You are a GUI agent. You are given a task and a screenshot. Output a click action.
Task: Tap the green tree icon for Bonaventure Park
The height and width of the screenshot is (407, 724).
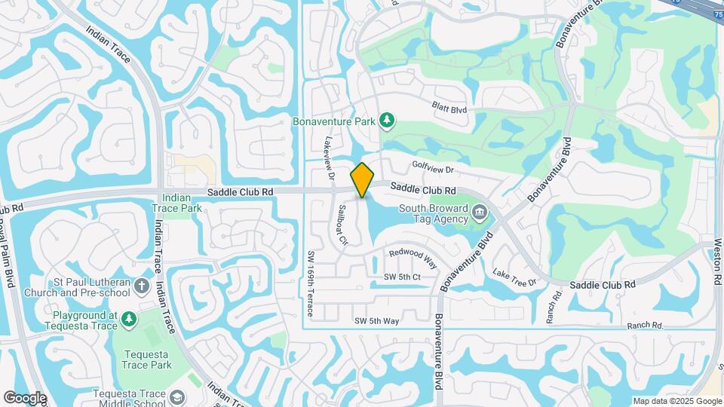387,121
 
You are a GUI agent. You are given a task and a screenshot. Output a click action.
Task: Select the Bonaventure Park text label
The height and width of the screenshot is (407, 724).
333,121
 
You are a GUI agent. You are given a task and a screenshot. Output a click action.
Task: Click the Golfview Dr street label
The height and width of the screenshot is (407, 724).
432,169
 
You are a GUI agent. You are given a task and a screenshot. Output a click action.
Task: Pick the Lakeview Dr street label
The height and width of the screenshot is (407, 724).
329,159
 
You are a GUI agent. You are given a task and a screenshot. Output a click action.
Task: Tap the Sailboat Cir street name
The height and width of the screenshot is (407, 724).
343,225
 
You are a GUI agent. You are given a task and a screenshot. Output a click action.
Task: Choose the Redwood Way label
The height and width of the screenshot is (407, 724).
413,258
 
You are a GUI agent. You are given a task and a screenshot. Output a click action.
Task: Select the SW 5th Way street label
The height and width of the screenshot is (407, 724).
377,321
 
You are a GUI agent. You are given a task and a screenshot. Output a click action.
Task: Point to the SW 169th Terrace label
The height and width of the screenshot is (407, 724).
310,283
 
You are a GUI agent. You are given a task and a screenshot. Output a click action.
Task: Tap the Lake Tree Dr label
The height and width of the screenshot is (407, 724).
514,277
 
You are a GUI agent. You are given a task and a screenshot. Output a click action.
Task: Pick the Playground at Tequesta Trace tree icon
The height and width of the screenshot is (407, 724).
129,319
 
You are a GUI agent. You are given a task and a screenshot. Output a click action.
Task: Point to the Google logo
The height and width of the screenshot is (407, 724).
25,397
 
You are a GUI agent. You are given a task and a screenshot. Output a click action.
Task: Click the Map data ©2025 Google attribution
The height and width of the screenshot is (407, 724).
676,401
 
